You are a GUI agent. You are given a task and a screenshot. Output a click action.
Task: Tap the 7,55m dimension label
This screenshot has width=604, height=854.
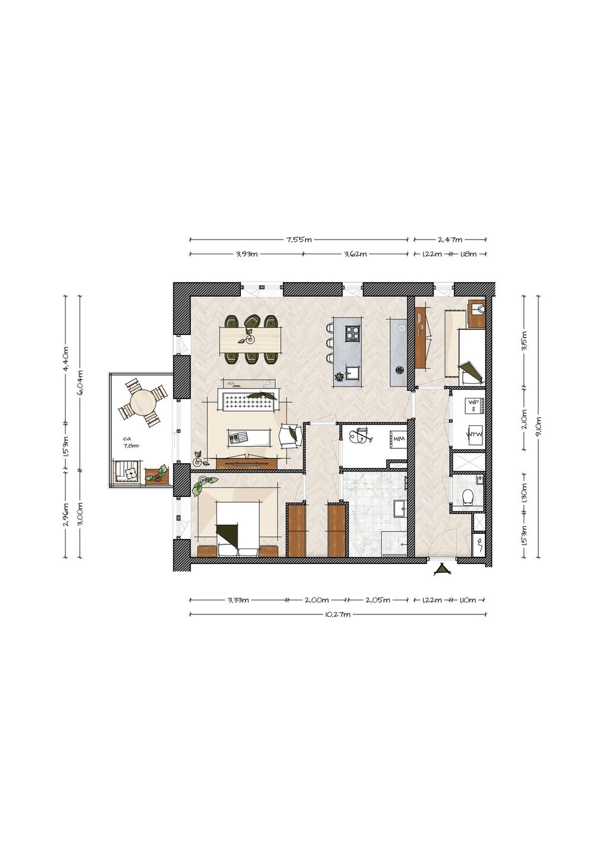(x=299, y=240)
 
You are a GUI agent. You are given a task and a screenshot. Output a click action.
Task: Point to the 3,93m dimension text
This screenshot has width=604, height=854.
(x=247, y=254)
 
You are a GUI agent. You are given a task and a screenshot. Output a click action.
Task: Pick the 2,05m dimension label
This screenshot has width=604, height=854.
(x=378, y=600)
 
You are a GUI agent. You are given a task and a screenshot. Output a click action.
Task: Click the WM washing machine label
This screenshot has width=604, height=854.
(x=399, y=439)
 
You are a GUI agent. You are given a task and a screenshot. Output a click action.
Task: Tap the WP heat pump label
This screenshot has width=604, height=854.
(x=473, y=402)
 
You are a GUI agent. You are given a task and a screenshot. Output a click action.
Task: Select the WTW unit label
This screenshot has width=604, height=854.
(x=474, y=434)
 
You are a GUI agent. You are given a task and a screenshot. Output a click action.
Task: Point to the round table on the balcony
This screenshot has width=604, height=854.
(x=142, y=403)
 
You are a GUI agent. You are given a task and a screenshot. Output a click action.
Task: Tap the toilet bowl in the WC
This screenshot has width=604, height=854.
(x=467, y=497)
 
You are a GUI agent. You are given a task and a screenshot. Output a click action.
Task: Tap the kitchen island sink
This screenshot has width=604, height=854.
(x=352, y=372)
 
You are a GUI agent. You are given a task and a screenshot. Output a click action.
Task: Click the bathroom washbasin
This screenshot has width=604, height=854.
(x=400, y=508)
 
